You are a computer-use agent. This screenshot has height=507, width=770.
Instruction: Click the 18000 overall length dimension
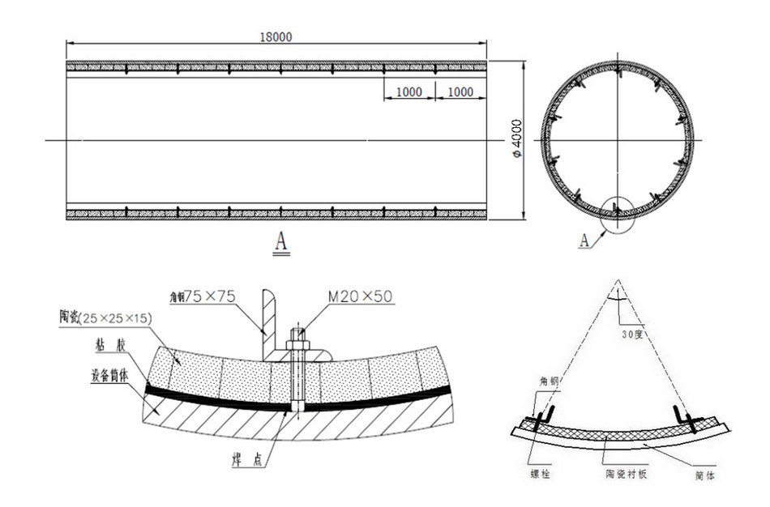click(276, 36)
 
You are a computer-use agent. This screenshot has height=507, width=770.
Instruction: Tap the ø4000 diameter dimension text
click(517, 138)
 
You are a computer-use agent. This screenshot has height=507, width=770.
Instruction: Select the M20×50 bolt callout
click(361, 297)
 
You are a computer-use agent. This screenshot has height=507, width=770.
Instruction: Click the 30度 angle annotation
click(635, 334)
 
